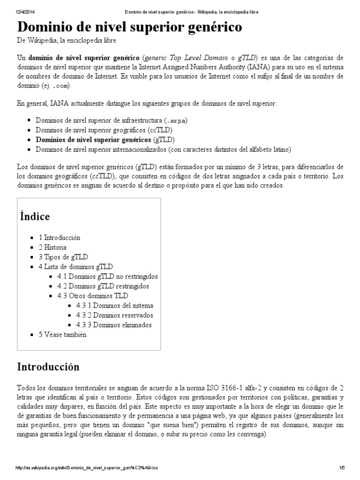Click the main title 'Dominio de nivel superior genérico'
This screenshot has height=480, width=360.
130,27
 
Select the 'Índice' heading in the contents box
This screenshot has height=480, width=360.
35,217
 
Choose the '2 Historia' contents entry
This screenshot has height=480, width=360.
52,247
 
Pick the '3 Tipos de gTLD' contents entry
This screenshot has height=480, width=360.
63,257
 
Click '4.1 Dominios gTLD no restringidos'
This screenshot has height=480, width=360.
107,277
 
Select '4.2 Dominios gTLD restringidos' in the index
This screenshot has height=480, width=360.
103,286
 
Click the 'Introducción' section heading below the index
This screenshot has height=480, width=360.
48,367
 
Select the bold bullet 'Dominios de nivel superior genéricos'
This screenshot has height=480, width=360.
93,140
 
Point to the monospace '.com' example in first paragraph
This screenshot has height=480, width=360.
62,86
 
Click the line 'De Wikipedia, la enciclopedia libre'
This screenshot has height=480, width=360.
63,41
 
